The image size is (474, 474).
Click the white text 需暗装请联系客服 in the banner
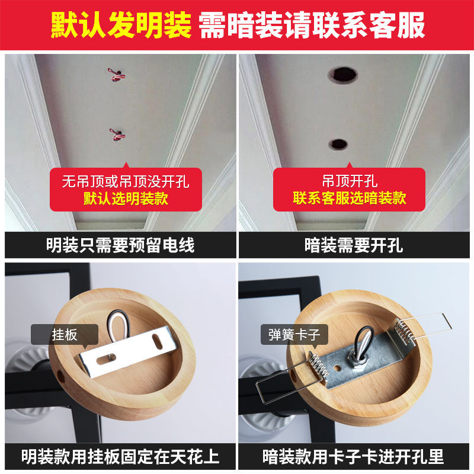(312, 25)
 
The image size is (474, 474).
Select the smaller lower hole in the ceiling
(338, 143)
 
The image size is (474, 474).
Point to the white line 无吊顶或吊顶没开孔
(126, 181)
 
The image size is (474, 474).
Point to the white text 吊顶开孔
(350, 181)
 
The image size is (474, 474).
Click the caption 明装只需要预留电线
(120, 245)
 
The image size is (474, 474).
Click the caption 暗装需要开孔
(354, 245)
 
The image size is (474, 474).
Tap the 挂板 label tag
(65, 334)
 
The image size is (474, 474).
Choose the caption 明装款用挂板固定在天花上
(120, 457)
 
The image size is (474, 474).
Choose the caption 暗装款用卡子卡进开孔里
(354, 457)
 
